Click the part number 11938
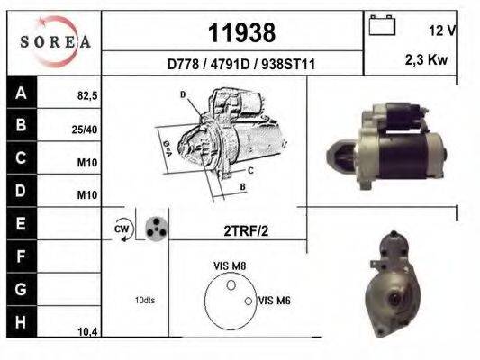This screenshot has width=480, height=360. coord(241,33)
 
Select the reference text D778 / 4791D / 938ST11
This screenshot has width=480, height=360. coord(241,65)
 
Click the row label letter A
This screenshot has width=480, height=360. coord(21,93)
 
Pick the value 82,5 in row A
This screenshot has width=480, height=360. coord(86,94)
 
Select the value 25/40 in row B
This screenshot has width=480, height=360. coord(86,130)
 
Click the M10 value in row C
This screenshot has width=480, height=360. coord(87,165)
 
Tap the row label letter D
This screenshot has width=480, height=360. coord(21,193)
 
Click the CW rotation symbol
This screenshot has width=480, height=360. coord(122,229)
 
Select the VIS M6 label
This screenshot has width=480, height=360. coord(275,301)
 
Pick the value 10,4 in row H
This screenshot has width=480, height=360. coord(87,332)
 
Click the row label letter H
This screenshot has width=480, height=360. coord(21,322)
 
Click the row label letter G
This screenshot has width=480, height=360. coord(21,290)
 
